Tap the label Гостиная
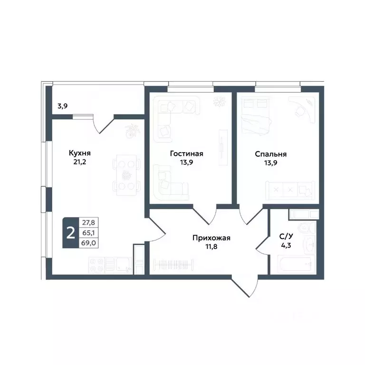click(x=187, y=154)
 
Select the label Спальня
click(x=270, y=154)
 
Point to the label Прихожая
click(x=211, y=237)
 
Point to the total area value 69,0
click(x=87, y=242)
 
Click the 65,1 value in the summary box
click(x=87, y=233)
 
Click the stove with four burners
click(x=100, y=264)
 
